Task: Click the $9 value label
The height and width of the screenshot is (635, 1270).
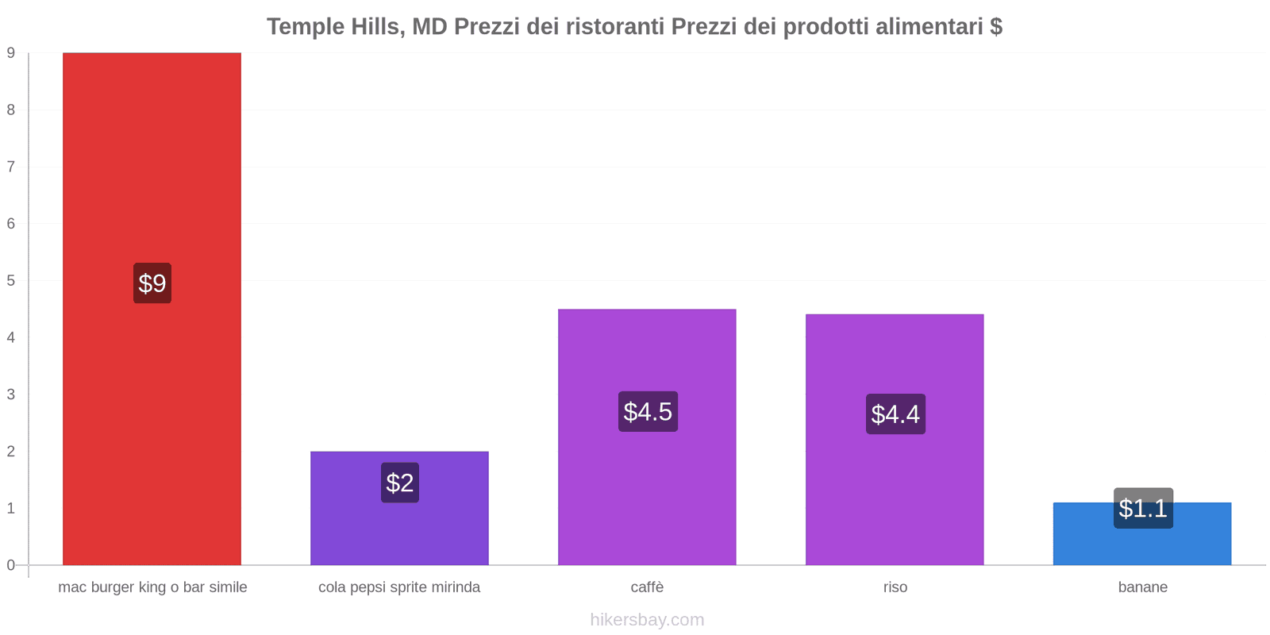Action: [x=152, y=283]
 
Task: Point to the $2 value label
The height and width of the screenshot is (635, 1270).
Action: [x=399, y=483]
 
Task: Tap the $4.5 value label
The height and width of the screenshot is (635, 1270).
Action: [x=648, y=412]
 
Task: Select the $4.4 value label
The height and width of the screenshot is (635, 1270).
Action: [x=895, y=414]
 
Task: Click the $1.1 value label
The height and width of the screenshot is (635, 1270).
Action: [x=1143, y=508]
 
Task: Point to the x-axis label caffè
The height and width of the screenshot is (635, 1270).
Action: [x=647, y=587]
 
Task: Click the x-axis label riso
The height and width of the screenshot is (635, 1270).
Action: [x=895, y=587]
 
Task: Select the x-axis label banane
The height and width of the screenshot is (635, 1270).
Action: [x=1142, y=587]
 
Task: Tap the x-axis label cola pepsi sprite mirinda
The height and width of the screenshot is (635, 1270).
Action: [x=399, y=587]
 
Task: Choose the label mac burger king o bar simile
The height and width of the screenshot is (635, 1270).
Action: [x=152, y=587]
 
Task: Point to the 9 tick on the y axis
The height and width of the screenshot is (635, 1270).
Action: [x=11, y=53]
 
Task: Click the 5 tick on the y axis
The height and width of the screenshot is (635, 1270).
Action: [x=11, y=281]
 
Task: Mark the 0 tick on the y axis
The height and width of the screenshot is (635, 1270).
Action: [x=11, y=565]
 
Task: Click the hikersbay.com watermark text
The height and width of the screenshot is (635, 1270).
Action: [x=647, y=620]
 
